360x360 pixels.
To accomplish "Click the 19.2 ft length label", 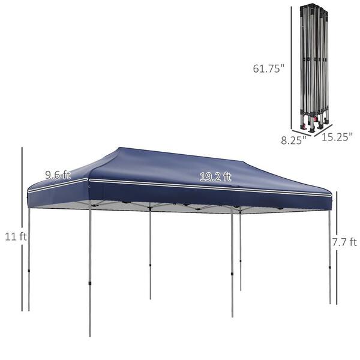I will tap(215, 176).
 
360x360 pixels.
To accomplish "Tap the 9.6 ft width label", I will tap(58, 175).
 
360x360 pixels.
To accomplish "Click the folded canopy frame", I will tap(315, 66).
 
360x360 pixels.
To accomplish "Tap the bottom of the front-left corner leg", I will tap(90, 334).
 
